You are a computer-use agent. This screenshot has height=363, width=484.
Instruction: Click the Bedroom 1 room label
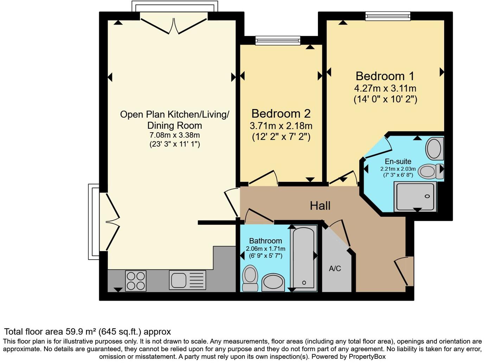click(x=385, y=76)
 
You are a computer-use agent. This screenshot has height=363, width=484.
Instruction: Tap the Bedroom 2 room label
click(x=281, y=114)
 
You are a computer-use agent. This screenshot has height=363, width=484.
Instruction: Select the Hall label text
click(x=320, y=205)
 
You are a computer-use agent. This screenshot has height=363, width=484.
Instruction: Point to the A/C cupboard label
click(x=335, y=269)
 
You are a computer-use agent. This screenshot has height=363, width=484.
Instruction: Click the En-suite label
click(x=398, y=161)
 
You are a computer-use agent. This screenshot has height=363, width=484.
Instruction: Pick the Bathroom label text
click(x=266, y=241)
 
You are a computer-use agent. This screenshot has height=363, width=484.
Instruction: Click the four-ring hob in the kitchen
click(x=136, y=280)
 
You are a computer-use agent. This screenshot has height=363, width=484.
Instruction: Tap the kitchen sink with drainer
click(x=187, y=280)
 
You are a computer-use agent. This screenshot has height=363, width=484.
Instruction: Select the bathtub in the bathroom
click(x=304, y=258)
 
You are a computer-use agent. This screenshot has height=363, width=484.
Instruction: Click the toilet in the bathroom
click(x=250, y=278)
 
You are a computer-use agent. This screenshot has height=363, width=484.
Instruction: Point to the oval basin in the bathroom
click(x=273, y=282)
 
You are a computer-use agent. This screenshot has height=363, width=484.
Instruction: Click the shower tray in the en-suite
click(x=415, y=196)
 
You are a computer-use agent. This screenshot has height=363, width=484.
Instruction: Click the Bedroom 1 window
click(x=388, y=16)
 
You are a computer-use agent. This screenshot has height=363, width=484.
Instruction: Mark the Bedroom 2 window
click(x=278, y=40)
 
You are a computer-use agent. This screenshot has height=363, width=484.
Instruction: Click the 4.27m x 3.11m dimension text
click(x=385, y=88)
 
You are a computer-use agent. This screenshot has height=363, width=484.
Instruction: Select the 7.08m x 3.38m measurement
click(x=174, y=135)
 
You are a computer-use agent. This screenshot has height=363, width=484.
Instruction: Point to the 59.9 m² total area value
click(x=81, y=331)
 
